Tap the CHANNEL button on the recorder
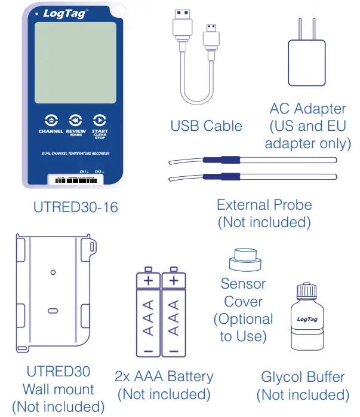pyautogui.click(x=51, y=119)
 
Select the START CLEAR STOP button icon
pyautogui.click(x=100, y=119)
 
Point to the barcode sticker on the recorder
pyautogui.click(x=75, y=179)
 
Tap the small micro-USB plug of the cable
pyautogui.click(x=211, y=37)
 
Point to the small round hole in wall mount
pyautogui.click(x=53, y=272)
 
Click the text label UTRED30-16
pyautogui.click(x=76, y=208)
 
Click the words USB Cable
pyautogui.click(x=206, y=126)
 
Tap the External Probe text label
pyautogui.click(x=264, y=205)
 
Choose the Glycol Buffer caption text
pyautogui.click(x=303, y=377)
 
